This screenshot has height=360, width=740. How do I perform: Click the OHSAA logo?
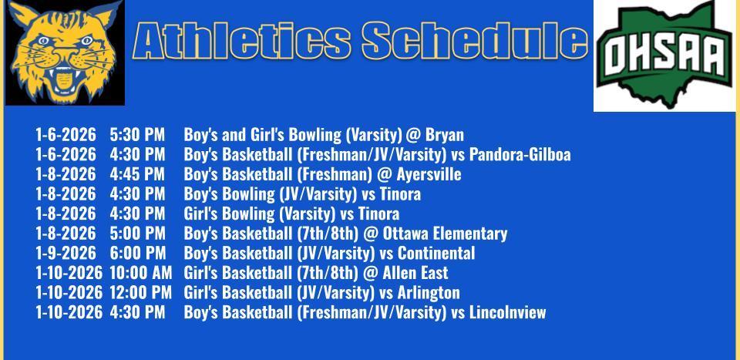tap(665, 56)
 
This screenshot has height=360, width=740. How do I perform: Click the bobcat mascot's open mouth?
tap(62, 77)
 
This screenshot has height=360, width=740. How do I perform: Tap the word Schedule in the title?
tap(473, 40)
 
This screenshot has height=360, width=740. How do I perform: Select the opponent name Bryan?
tap(444, 135)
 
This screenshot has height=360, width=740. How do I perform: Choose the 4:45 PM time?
tap(137, 174)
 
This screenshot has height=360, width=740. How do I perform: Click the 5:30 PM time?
tap(137, 135)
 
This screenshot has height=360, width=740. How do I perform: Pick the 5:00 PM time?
tap(137, 234)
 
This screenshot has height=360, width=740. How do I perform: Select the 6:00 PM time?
tap(137, 254)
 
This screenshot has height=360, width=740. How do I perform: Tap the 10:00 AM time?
tap(140, 273)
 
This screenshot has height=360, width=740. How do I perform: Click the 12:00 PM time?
tap(140, 293)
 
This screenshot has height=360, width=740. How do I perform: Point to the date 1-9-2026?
tap(66, 254)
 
